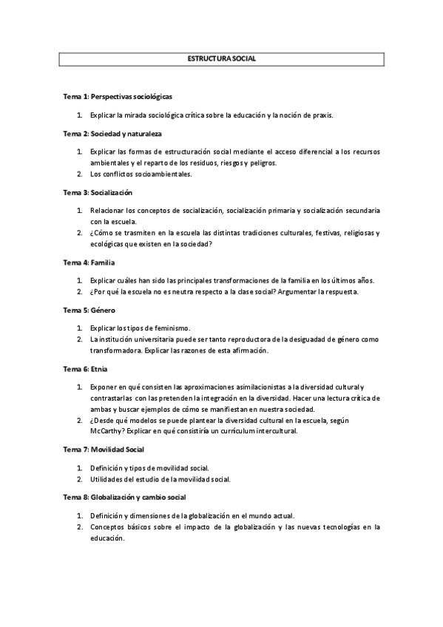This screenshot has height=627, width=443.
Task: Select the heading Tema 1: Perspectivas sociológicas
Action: click(x=118, y=97)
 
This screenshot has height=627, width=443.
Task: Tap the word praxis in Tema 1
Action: click(x=321, y=115)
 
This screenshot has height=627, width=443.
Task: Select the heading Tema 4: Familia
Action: click(x=89, y=262)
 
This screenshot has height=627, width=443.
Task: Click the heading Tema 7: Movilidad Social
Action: click(x=104, y=449)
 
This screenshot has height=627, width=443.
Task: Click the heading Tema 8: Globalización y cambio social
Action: click(x=124, y=497)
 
